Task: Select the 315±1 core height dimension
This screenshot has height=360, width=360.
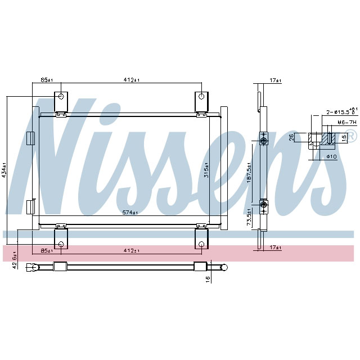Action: pyautogui.click(x=206, y=169)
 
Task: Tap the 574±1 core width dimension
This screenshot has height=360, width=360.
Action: pyautogui.click(x=130, y=213)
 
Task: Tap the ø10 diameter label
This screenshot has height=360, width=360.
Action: pyautogui.click(x=331, y=156)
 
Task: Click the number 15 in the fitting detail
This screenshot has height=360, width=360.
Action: pyautogui.click(x=344, y=138)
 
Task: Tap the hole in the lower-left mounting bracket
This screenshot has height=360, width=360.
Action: pyautogui.click(x=60, y=244)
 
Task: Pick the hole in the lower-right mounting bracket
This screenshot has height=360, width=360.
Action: pyautogui.click(x=201, y=244)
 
